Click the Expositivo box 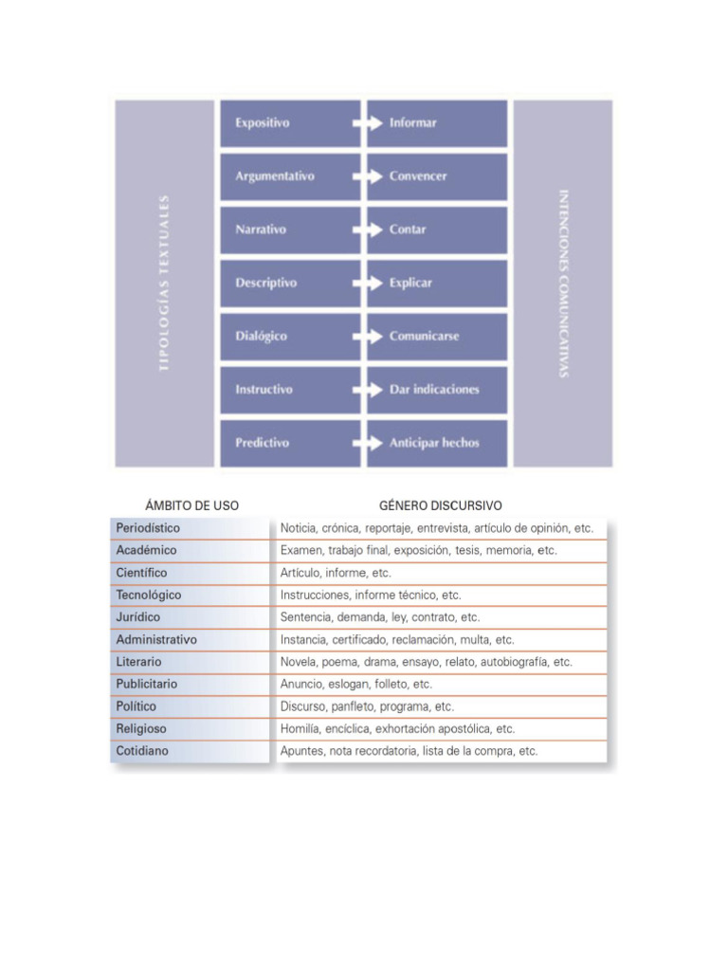pyautogui.click(x=290, y=123)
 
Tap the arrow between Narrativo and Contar pyautogui.click(x=362, y=229)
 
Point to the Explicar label pyautogui.click(x=410, y=283)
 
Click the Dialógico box pyautogui.click(x=290, y=337)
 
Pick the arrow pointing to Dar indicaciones pyautogui.click(x=362, y=390)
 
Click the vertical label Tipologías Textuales pyautogui.click(x=164, y=283)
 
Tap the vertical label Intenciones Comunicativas pyautogui.click(x=563, y=283)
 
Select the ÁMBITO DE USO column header pyautogui.click(x=191, y=506)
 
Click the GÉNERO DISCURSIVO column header pyautogui.click(x=440, y=506)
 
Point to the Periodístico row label pyautogui.click(x=148, y=528)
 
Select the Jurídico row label pyautogui.click(x=138, y=617)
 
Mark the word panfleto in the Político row pyautogui.click(x=355, y=706)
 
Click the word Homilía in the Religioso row pyautogui.click(x=300, y=729)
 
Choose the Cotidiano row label pyautogui.click(x=141, y=751)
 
